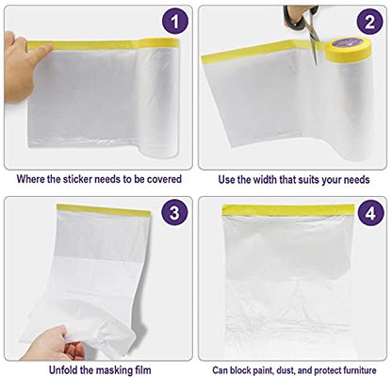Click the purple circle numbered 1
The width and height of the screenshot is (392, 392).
click(175, 22)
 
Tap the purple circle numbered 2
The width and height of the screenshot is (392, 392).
click(369, 22)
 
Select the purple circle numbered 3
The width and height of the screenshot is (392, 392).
click(174, 213)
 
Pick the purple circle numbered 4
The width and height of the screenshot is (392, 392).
click(370, 213)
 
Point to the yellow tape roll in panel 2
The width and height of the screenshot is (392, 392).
click(348, 49)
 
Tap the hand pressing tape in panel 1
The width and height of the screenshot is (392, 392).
click(22, 66)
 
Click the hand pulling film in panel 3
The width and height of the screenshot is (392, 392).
click(54, 344)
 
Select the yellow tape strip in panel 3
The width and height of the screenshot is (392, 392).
click(104, 210)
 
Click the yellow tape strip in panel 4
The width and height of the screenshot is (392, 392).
click(288, 210)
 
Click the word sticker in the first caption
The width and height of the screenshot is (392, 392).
click(77, 179)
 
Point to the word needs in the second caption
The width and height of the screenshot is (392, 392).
click(356, 180)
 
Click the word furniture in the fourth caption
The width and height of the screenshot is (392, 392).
click(359, 370)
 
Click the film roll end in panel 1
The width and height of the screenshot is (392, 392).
click(158, 97)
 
